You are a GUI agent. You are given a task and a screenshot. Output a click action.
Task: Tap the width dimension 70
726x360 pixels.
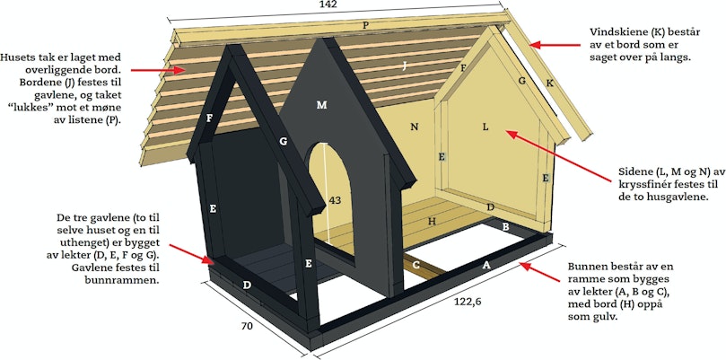[x=247, y=326]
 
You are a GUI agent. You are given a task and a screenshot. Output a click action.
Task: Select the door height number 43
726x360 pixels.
[x=335, y=200]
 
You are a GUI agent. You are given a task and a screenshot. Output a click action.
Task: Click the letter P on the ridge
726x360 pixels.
[x=366, y=25]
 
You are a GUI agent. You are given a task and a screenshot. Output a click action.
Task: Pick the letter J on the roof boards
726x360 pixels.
[x=404, y=66]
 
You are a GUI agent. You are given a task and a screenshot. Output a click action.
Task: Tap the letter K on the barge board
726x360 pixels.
[x=549, y=83]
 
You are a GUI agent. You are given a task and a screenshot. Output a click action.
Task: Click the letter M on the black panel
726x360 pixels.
[x=321, y=105]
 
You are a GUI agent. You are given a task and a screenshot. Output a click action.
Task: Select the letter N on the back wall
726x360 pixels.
[x=415, y=126]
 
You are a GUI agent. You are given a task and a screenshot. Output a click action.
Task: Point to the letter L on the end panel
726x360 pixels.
[x=485, y=127]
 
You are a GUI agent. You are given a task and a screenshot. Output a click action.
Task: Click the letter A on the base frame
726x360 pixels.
[x=486, y=265]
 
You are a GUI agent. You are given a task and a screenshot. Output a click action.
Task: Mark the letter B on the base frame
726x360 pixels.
[x=506, y=226]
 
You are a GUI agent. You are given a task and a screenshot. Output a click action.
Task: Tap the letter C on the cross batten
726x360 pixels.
[x=416, y=265]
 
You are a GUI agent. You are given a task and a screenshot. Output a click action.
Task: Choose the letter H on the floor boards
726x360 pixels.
[x=432, y=222]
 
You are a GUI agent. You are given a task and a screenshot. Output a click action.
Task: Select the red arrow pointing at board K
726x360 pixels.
[x=555, y=45]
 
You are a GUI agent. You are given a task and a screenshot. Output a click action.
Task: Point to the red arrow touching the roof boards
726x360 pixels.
[x=158, y=70]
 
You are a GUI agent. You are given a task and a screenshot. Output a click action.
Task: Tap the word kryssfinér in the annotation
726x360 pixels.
[x=643, y=184]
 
